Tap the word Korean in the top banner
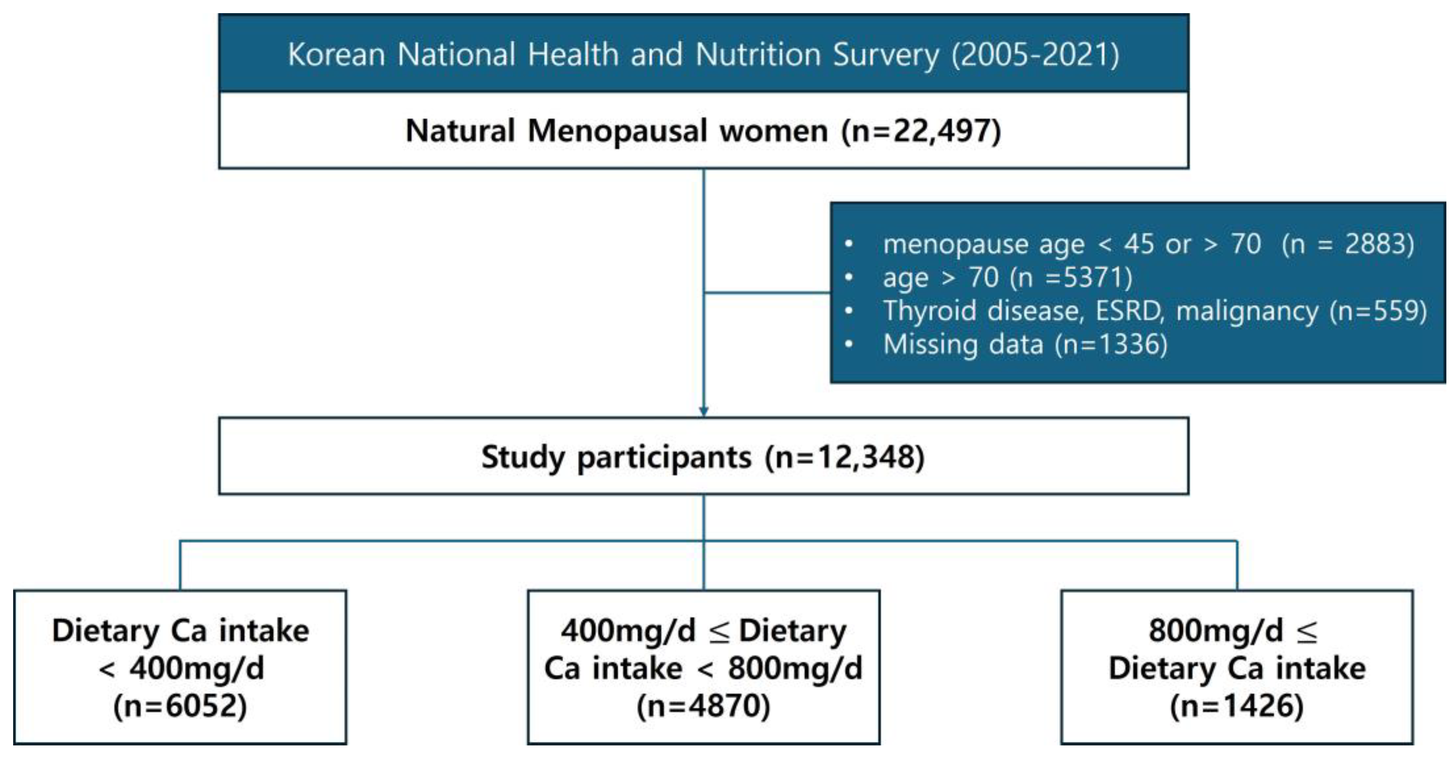[x=337, y=55]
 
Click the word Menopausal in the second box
[x=617, y=131]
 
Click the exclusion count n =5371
[x=1071, y=278]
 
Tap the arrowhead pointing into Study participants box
[x=704, y=412]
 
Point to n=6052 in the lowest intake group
[x=180, y=706]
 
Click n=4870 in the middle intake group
[x=704, y=706]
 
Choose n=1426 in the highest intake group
[x=1237, y=706]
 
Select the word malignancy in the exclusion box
[x=1247, y=311]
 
